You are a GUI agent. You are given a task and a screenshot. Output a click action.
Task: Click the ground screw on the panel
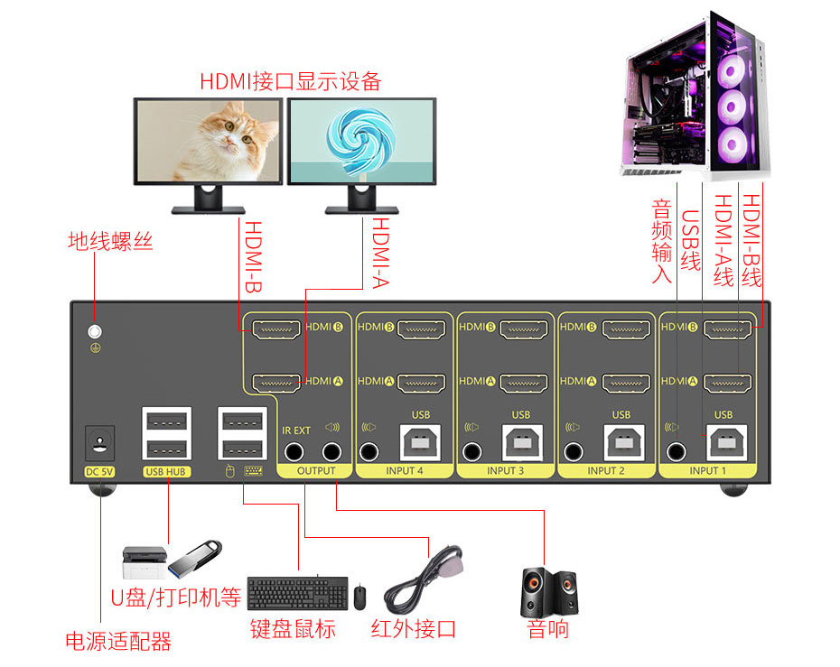[x=93, y=331]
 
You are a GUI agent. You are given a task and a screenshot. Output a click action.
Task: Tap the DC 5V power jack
[x=99, y=442]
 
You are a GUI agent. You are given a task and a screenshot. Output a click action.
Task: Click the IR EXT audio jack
[x=295, y=452]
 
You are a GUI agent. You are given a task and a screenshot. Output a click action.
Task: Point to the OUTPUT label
[x=315, y=471]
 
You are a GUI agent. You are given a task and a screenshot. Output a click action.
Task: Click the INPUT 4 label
[x=404, y=471]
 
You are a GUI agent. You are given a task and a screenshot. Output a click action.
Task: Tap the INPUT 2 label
[x=606, y=471]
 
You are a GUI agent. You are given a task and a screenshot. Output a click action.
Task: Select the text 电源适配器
[x=118, y=642]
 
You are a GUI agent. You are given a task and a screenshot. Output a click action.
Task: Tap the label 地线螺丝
[x=110, y=242]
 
